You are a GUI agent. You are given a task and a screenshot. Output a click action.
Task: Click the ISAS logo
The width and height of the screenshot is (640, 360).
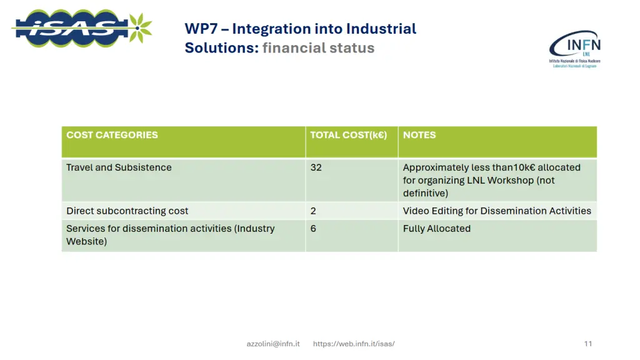(72, 28)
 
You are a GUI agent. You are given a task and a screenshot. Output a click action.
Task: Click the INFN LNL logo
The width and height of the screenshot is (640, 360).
(574, 49)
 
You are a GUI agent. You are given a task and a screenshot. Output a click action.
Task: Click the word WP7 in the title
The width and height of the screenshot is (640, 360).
(200, 29)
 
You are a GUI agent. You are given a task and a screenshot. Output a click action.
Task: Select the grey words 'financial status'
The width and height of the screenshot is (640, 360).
(318, 48)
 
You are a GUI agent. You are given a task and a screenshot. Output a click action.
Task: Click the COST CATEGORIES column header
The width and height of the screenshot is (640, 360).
(112, 135)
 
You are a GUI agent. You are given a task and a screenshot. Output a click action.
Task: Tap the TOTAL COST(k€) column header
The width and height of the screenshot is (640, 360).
(348, 135)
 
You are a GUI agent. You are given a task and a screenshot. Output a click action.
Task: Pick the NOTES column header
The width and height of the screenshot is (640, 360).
(419, 135)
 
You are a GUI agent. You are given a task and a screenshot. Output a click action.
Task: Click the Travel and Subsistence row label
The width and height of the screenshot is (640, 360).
(119, 167)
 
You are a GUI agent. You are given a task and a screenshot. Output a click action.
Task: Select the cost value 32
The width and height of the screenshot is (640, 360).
(316, 167)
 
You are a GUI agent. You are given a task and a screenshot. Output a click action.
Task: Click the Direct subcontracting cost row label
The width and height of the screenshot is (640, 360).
(127, 211)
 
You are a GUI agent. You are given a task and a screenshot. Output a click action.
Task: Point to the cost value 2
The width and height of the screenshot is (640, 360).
(313, 211)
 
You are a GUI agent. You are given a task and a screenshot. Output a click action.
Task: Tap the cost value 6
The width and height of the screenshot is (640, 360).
(313, 229)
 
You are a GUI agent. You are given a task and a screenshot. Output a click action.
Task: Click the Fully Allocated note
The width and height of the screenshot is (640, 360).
(436, 229)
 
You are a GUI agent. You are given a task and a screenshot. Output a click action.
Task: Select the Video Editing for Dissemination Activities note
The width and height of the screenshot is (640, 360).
(497, 211)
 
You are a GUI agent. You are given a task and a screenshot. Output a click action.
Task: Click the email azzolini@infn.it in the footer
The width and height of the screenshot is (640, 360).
(273, 344)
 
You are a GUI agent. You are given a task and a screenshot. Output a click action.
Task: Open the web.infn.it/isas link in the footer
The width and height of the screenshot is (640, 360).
(354, 344)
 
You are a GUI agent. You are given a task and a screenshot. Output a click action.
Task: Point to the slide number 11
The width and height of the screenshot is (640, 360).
(587, 344)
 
